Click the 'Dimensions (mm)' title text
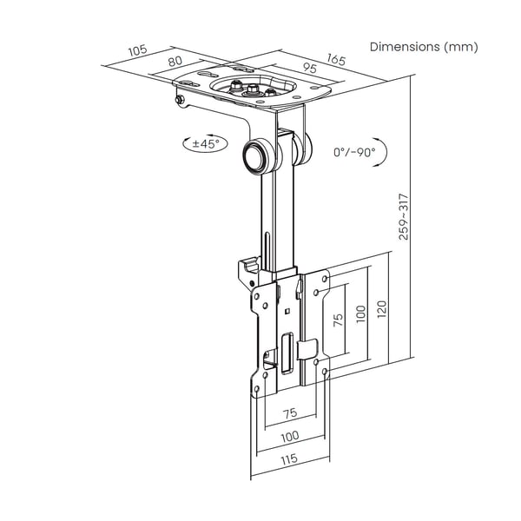[424, 47]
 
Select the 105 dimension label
[137, 50]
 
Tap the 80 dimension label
[175, 61]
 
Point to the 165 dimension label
[336, 59]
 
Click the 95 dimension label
[310, 68]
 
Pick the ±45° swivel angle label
[206, 144]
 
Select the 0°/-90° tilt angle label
[354, 152]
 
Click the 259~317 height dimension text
[403, 216]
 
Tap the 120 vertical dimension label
[382, 309]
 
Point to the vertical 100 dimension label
[360, 314]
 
